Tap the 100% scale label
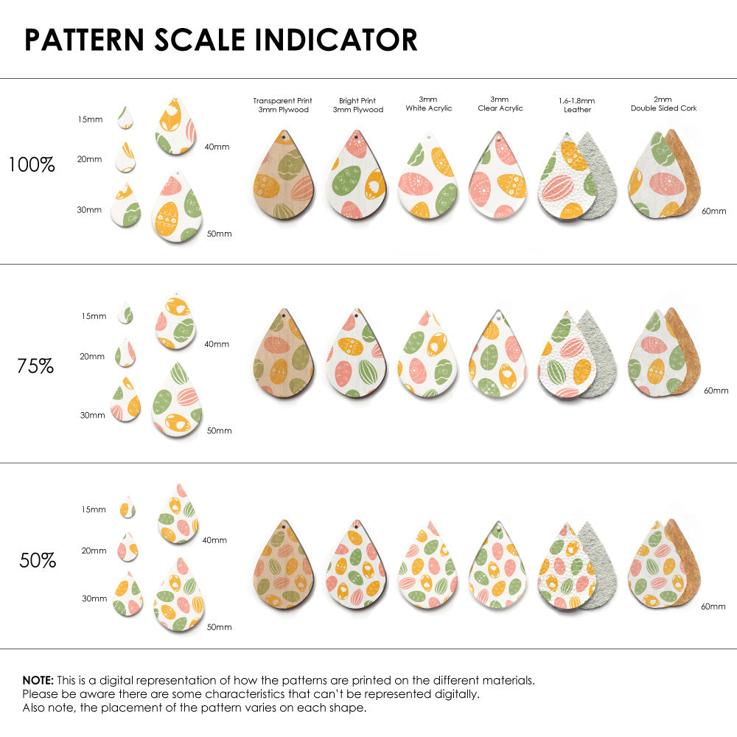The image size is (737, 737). click(32, 165)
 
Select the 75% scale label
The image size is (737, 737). click(35, 366)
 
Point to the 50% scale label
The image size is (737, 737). click(38, 560)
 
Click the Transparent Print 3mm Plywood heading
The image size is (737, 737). click(282, 105)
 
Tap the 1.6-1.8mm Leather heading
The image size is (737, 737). click(577, 105)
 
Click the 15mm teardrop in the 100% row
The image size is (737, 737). click(126, 118)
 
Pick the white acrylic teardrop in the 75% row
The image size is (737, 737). click(427, 356)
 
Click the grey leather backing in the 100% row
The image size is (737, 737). click(598, 177)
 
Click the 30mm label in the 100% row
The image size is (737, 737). click(89, 210)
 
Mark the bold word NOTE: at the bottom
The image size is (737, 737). click(38, 680)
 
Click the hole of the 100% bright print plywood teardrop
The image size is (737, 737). click(356, 138)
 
